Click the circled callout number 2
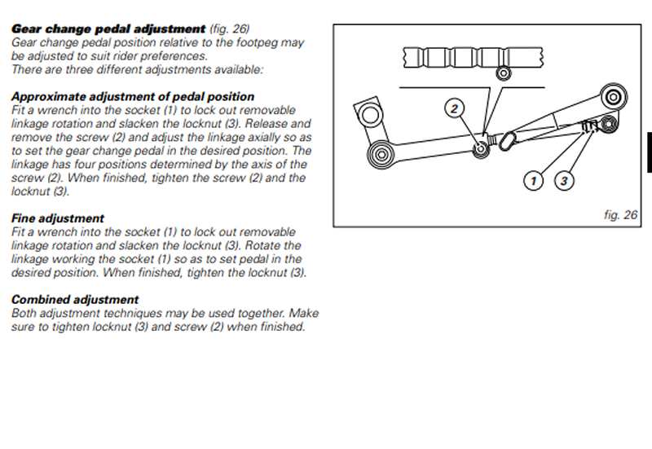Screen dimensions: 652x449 [454, 108]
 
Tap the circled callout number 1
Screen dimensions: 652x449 [533, 181]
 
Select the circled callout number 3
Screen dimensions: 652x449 [564, 181]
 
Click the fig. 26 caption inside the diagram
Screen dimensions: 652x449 [620, 215]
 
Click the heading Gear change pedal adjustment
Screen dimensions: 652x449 [108, 29]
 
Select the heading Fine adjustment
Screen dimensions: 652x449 [57, 218]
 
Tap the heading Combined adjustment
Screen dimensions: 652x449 [75, 299]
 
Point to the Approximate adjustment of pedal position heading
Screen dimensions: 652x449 [133, 96]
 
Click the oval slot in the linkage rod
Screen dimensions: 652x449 [506, 141]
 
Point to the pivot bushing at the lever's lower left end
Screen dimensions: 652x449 [381, 155]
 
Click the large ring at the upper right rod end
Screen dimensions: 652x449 [614, 98]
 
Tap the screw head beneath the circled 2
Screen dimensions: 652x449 [481, 148]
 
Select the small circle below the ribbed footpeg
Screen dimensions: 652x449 [503, 73]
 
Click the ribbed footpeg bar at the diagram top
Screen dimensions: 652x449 [473, 57]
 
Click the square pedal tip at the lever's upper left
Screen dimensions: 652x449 [368, 112]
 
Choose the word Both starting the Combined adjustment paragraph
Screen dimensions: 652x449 [24, 313]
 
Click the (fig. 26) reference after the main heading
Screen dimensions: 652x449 [230, 29]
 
